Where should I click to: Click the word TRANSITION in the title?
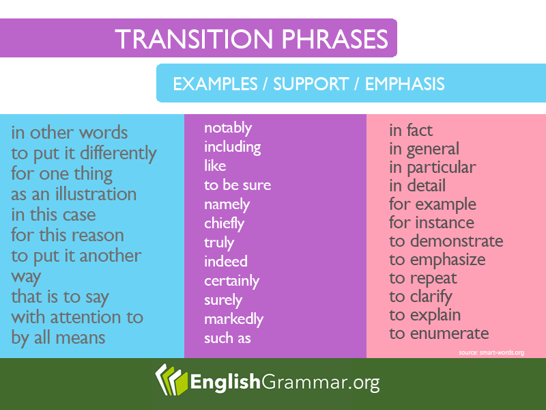click(195, 39)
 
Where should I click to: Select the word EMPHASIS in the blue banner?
click(405, 84)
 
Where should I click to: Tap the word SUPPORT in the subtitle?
click(311, 84)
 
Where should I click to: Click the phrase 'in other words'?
click(70, 133)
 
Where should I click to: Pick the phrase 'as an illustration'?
click(74, 194)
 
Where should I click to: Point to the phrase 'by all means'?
click(58, 338)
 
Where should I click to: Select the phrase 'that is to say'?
click(60, 297)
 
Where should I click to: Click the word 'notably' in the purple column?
click(228, 128)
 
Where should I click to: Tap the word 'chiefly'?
click(225, 224)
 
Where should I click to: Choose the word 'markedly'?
click(233, 320)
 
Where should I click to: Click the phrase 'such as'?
click(227, 338)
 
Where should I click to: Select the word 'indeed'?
click(226, 262)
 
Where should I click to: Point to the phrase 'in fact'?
click(411, 131)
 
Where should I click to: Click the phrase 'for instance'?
click(432, 223)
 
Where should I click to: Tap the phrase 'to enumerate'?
click(439, 333)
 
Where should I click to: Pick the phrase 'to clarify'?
click(420, 297)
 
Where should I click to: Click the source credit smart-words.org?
click(491, 353)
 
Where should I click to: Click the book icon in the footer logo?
click(171, 380)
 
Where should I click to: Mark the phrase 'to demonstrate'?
click(446, 241)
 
